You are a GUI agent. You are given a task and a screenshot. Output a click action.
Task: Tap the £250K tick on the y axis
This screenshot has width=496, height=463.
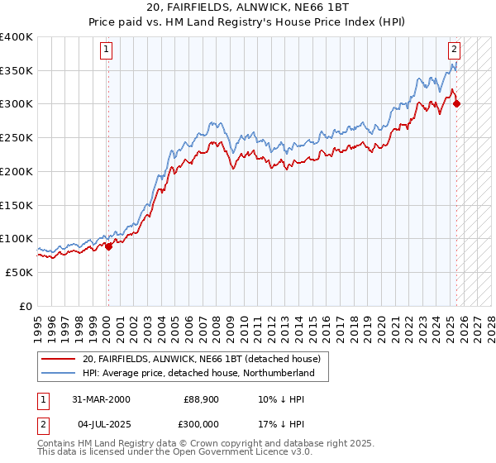[16, 138]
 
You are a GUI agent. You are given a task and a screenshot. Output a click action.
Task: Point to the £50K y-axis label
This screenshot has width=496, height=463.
[19, 272]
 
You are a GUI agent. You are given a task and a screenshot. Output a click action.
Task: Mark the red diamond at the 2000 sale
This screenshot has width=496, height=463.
[108, 246]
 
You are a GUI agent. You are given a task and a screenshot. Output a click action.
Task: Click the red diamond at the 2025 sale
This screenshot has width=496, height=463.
[457, 103]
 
